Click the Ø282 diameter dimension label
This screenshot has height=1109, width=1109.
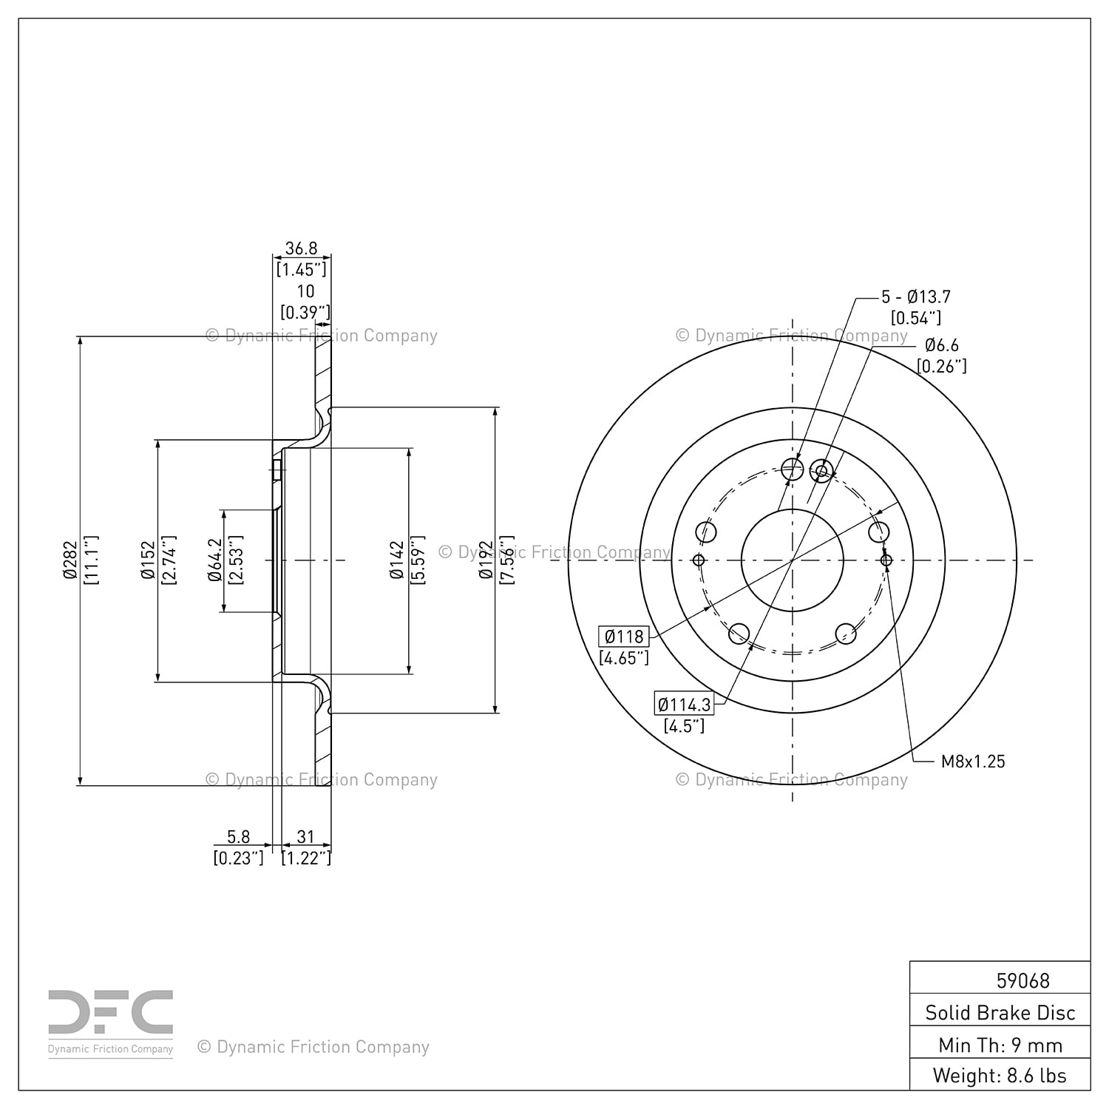(70, 560)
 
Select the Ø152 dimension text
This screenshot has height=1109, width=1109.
(149, 560)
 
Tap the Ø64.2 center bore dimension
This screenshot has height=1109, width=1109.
(215, 560)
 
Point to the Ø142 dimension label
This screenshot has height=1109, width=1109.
(398, 560)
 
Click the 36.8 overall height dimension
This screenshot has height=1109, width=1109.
(301, 248)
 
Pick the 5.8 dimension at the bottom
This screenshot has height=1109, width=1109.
(238, 837)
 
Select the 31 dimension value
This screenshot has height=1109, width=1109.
(305, 837)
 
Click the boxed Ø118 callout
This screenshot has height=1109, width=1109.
(624, 636)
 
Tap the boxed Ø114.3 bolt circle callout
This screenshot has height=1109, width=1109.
(684, 704)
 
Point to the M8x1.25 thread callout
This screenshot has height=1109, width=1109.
(973, 762)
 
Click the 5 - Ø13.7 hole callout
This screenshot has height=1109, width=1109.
(916, 296)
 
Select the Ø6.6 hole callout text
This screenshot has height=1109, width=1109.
(941, 345)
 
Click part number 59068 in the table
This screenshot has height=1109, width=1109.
(1023, 980)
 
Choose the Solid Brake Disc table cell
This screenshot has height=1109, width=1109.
(1000, 1012)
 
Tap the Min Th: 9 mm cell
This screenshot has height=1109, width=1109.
(1000, 1045)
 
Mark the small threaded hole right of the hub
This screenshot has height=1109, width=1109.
(886, 560)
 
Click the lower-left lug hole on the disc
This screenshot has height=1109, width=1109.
(739, 634)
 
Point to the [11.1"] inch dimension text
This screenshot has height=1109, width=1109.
(92, 560)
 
